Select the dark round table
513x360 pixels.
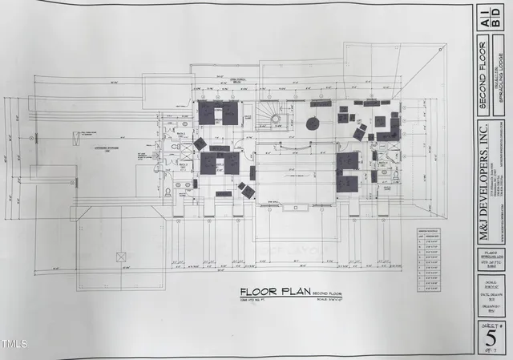click(313, 123)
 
